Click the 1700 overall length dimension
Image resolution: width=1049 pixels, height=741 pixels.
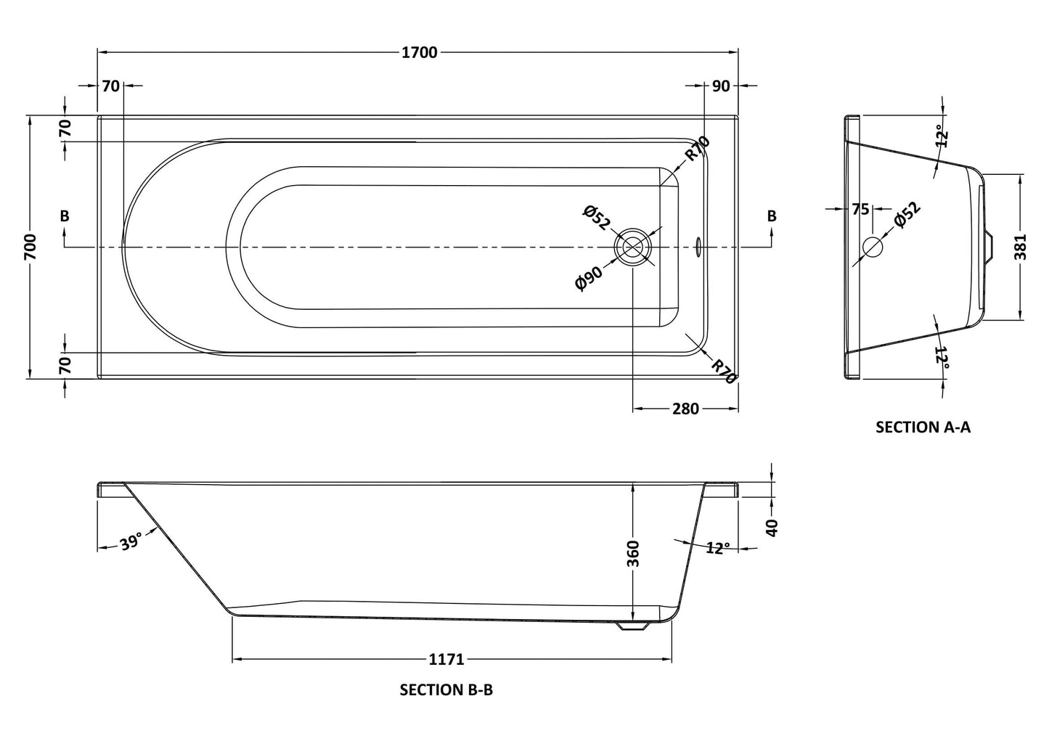pyautogui.click(x=419, y=52)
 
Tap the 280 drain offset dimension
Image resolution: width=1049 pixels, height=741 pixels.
pyautogui.click(x=685, y=409)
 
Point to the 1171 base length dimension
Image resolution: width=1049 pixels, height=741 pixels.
pyautogui.click(x=446, y=660)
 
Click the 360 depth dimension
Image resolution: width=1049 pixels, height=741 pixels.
pyautogui.click(x=633, y=553)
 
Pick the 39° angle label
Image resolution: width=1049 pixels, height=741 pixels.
pyautogui.click(x=131, y=542)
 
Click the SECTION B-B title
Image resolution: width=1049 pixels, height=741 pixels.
pyautogui.click(x=446, y=690)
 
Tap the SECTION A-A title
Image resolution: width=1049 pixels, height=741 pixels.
pyautogui.click(x=923, y=427)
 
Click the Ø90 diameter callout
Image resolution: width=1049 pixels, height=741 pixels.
pyautogui.click(x=589, y=278)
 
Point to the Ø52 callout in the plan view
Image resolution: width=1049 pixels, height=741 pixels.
pyautogui.click(x=596, y=218)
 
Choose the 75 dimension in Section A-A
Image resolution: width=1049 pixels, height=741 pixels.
pyautogui.click(x=860, y=210)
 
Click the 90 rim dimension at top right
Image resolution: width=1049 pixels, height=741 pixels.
pyautogui.click(x=720, y=86)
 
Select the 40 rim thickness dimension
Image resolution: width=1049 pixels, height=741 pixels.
pyautogui.click(x=772, y=527)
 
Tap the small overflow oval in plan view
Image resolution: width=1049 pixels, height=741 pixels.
pyautogui.click(x=698, y=247)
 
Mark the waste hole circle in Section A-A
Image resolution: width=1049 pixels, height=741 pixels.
pyautogui.click(x=872, y=247)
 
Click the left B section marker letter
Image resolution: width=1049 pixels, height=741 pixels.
pyautogui.click(x=65, y=216)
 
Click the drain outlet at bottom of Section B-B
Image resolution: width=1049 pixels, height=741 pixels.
pyautogui.click(x=634, y=626)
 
